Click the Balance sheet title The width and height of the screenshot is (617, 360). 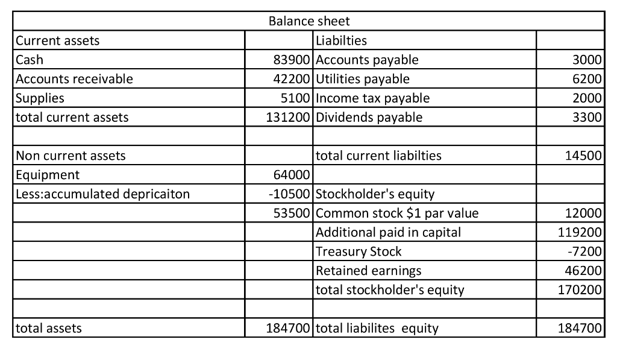point(308,21)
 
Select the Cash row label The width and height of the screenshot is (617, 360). point(30,60)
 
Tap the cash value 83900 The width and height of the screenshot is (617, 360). point(292,60)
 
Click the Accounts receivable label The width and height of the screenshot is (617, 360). point(75,79)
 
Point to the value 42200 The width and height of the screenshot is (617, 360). point(292,79)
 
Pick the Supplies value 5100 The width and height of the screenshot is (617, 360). point(295,98)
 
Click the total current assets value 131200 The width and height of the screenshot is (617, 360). point(289,118)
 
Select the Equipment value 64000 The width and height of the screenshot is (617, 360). point(292,175)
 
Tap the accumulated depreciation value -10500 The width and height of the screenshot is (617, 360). point(289,194)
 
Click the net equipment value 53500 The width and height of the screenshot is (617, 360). point(292,213)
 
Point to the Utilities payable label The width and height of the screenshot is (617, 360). point(363,79)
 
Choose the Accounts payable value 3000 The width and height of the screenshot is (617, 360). point(588,60)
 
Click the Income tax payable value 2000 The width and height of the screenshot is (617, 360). point(588,98)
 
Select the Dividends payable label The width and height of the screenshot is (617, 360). point(369,118)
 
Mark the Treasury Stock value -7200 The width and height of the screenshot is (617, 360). point(586,251)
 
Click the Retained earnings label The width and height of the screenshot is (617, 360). point(369,271)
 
